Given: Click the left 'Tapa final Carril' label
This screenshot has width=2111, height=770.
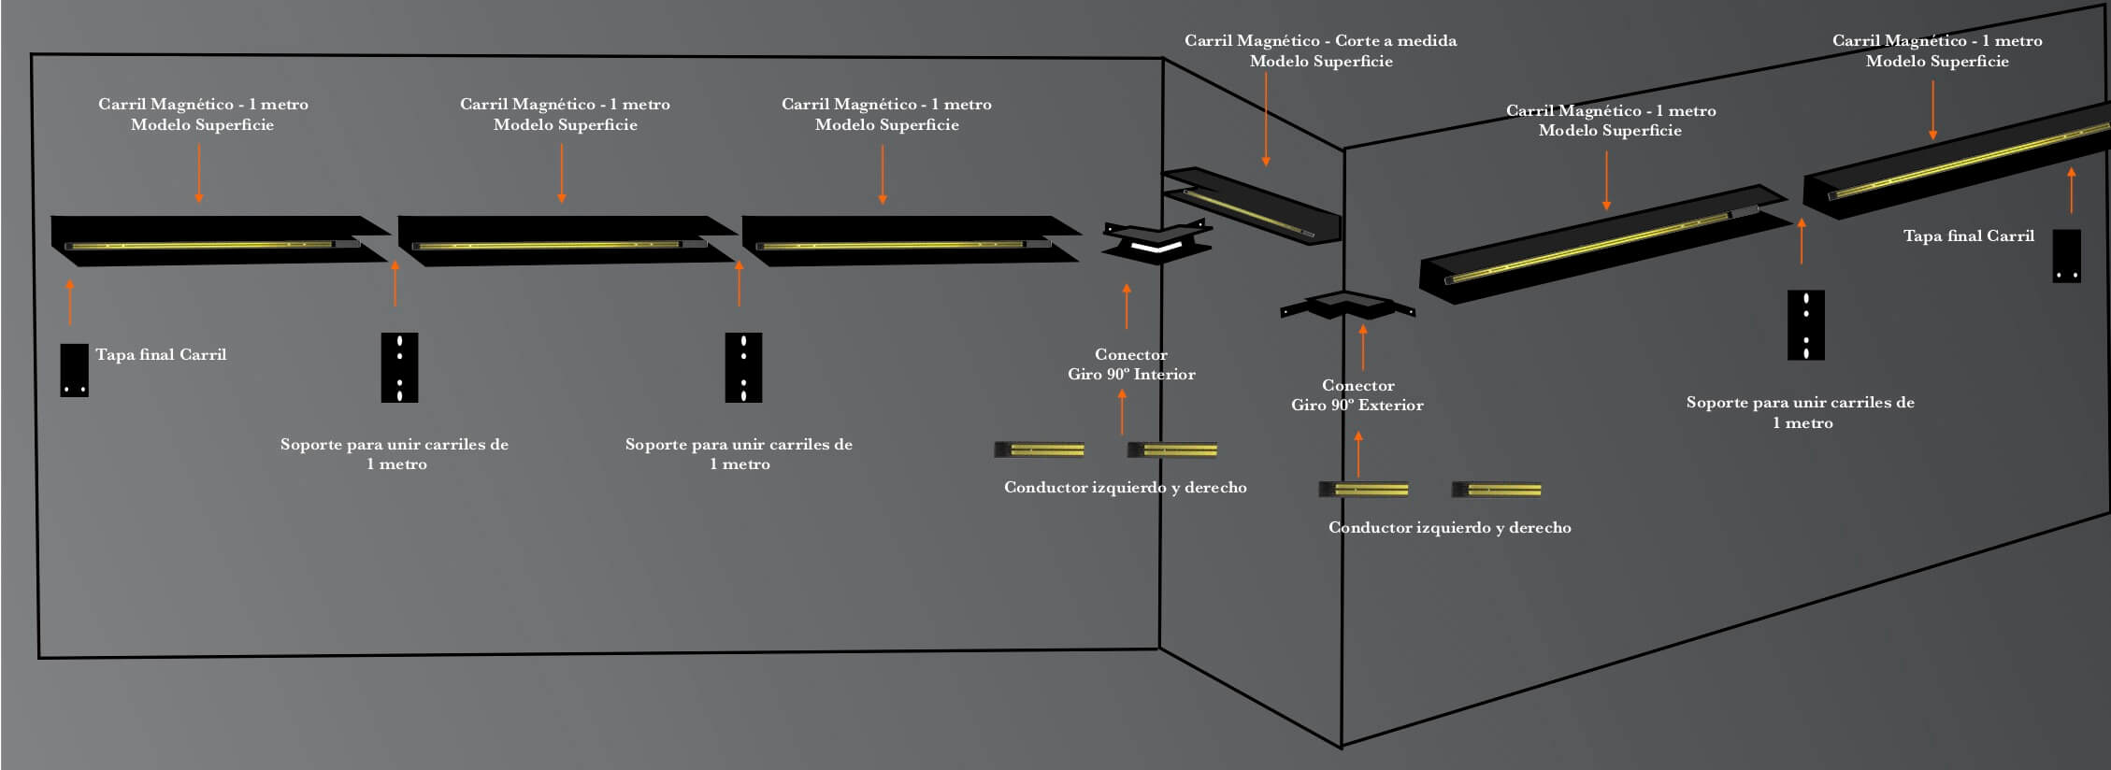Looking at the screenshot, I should click(160, 355).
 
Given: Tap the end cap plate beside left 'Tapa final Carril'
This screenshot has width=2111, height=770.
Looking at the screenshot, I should click(74, 370).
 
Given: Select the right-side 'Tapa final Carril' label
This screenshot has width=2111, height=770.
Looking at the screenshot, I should click(1968, 236).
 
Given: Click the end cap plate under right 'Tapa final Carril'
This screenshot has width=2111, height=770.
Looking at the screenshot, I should click(2066, 256).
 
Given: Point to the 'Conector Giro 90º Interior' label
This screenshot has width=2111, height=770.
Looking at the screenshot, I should click(1131, 364).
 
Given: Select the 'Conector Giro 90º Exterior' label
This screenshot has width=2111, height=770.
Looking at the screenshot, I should click(1357, 395).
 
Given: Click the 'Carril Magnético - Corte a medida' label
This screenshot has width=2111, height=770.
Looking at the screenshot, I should click(1320, 50).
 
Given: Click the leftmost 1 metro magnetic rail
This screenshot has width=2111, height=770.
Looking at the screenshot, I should click(220, 241).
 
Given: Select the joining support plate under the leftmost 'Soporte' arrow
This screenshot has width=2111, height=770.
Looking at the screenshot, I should click(399, 368).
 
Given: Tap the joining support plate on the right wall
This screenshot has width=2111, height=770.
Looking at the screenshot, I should click(1805, 325).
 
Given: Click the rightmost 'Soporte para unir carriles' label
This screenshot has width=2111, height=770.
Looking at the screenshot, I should click(1801, 412).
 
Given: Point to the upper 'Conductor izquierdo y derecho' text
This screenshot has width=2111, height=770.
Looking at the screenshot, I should click(1125, 488).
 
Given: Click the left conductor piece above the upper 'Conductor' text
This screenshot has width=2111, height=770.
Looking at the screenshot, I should click(1039, 450).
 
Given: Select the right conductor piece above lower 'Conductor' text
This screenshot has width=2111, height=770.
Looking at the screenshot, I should click(1496, 490).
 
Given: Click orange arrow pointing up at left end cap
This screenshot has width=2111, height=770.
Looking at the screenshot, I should click(70, 301).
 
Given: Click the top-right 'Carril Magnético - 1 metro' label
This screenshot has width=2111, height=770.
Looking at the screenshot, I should click(1937, 50).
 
